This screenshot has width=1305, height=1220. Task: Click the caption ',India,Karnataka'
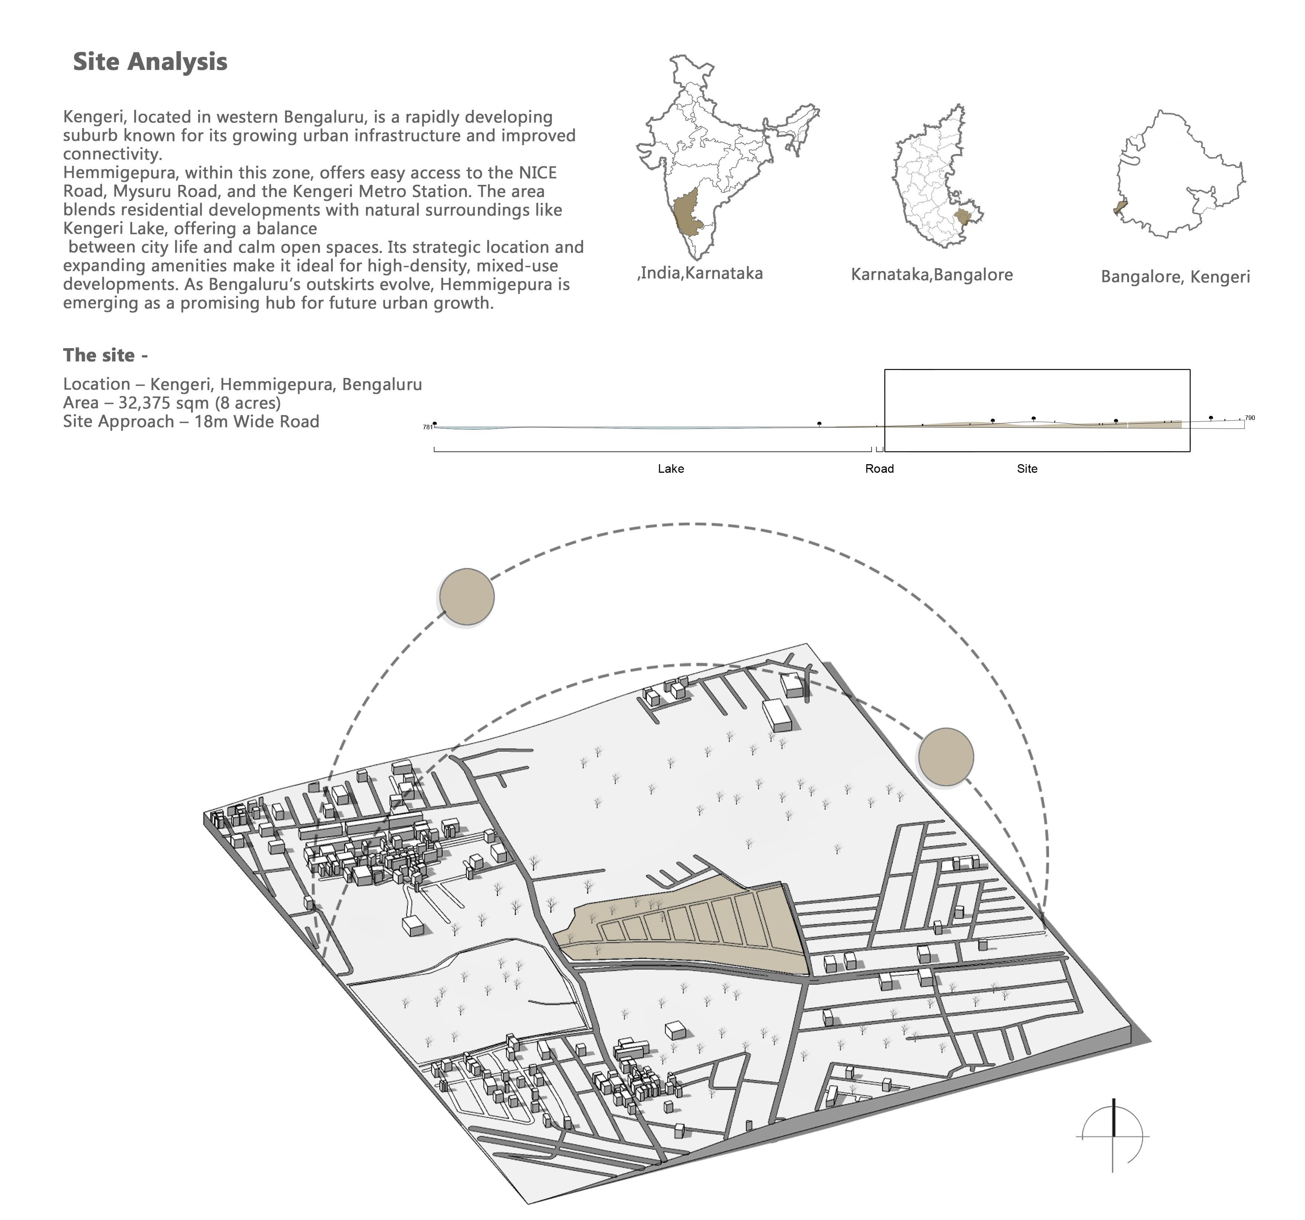pyautogui.click(x=700, y=273)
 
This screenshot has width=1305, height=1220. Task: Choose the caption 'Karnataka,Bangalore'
pyautogui.click(x=932, y=274)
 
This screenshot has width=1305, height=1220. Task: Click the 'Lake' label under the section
pyautogui.click(x=670, y=469)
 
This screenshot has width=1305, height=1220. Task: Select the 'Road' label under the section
pyautogui.click(x=879, y=469)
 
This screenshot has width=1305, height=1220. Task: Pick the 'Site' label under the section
pyautogui.click(x=1027, y=469)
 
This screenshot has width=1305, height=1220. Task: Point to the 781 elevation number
pyautogui.click(x=427, y=427)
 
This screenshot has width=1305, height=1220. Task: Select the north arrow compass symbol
pyautogui.click(x=1113, y=1135)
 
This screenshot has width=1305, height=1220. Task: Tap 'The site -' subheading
pyautogui.click(x=105, y=355)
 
